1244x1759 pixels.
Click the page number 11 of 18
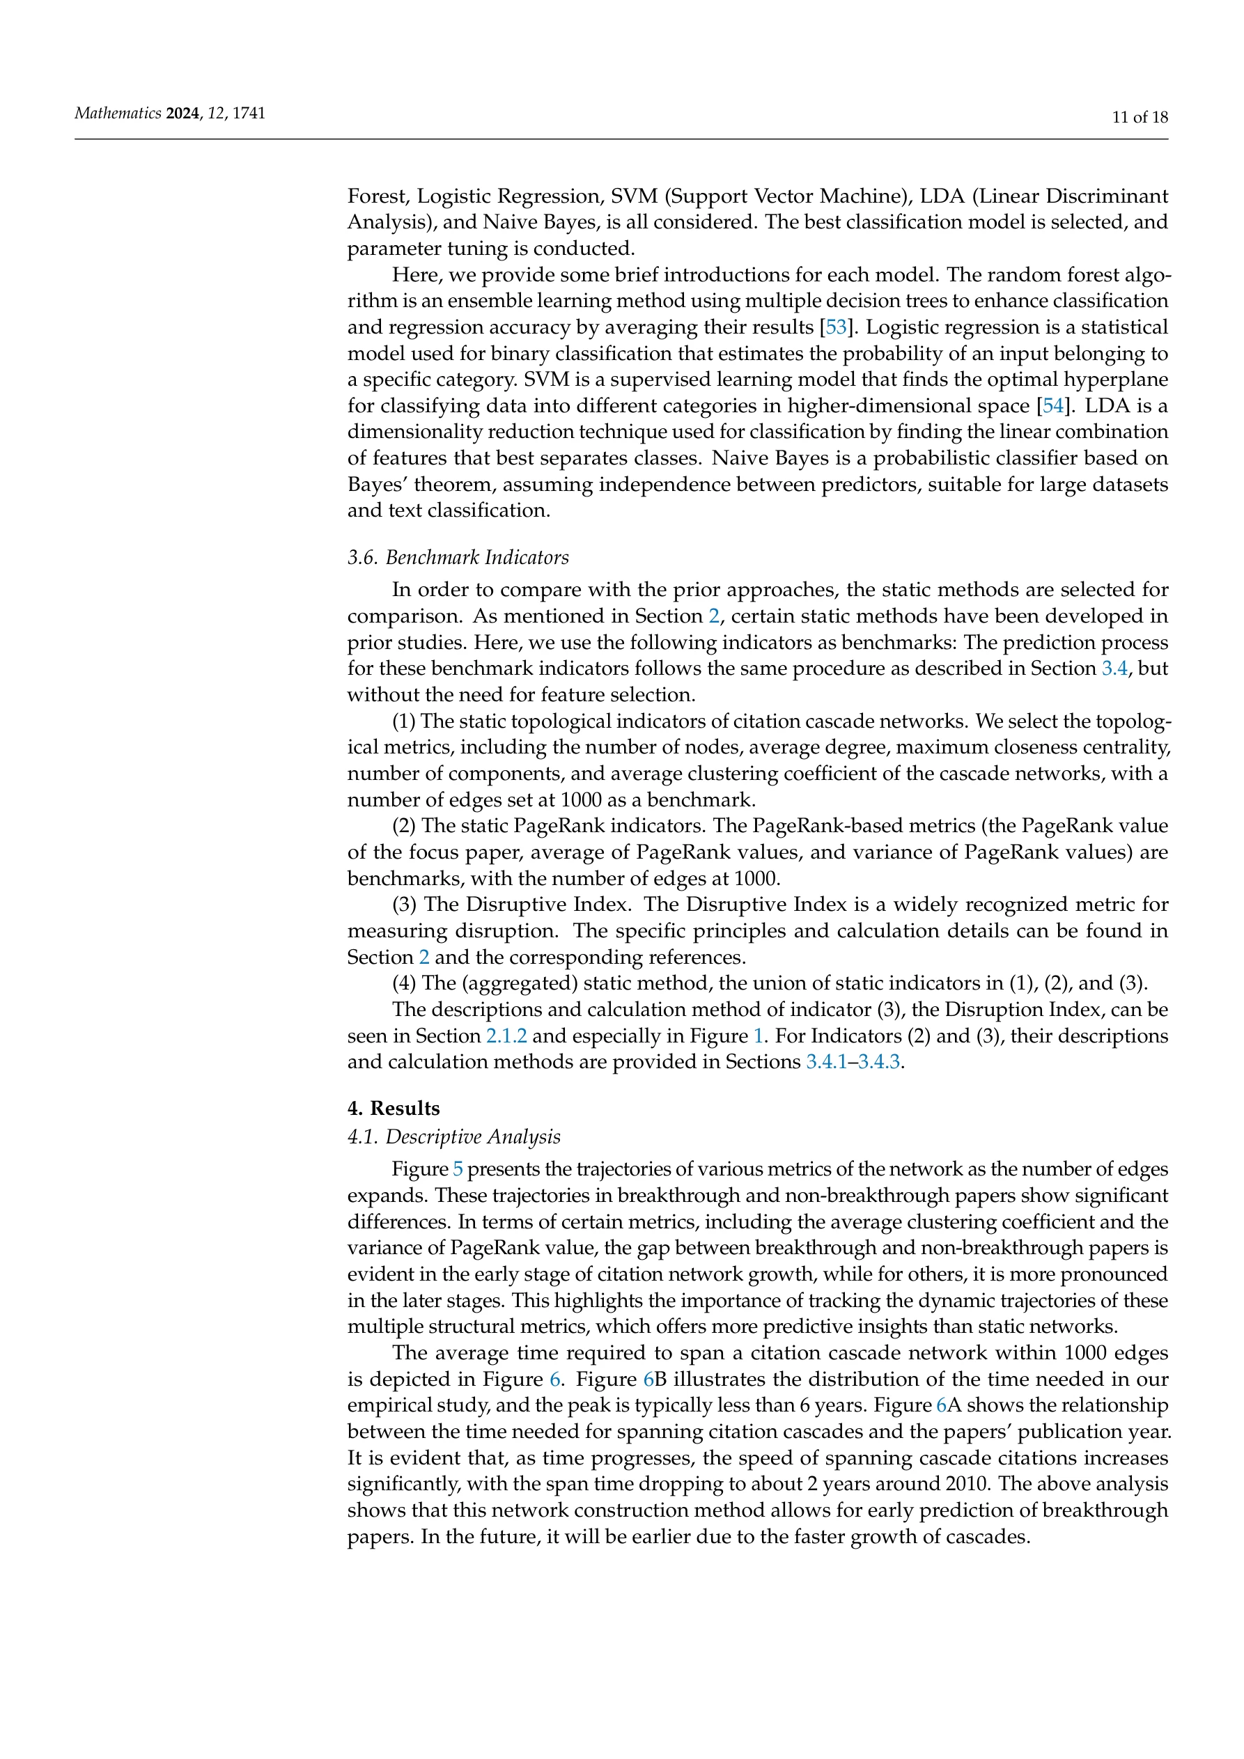click(x=1140, y=117)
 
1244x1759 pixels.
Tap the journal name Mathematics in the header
click(x=117, y=114)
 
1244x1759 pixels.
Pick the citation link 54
click(x=1054, y=405)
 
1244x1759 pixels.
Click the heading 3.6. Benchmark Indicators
click(x=458, y=557)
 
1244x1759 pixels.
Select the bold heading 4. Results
click(x=394, y=1109)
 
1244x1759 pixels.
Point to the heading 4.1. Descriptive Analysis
click(x=453, y=1136)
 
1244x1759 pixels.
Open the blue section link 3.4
click(x=1114, y=668)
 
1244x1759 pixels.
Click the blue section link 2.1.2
click(x=506, y=1035)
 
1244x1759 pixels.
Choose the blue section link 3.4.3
click(x=879, y=1062)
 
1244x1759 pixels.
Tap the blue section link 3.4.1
click(x=826, y=1062)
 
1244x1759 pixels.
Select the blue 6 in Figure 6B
click(x=648, y=1379)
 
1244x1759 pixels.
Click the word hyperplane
click(x=1121, y=380)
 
